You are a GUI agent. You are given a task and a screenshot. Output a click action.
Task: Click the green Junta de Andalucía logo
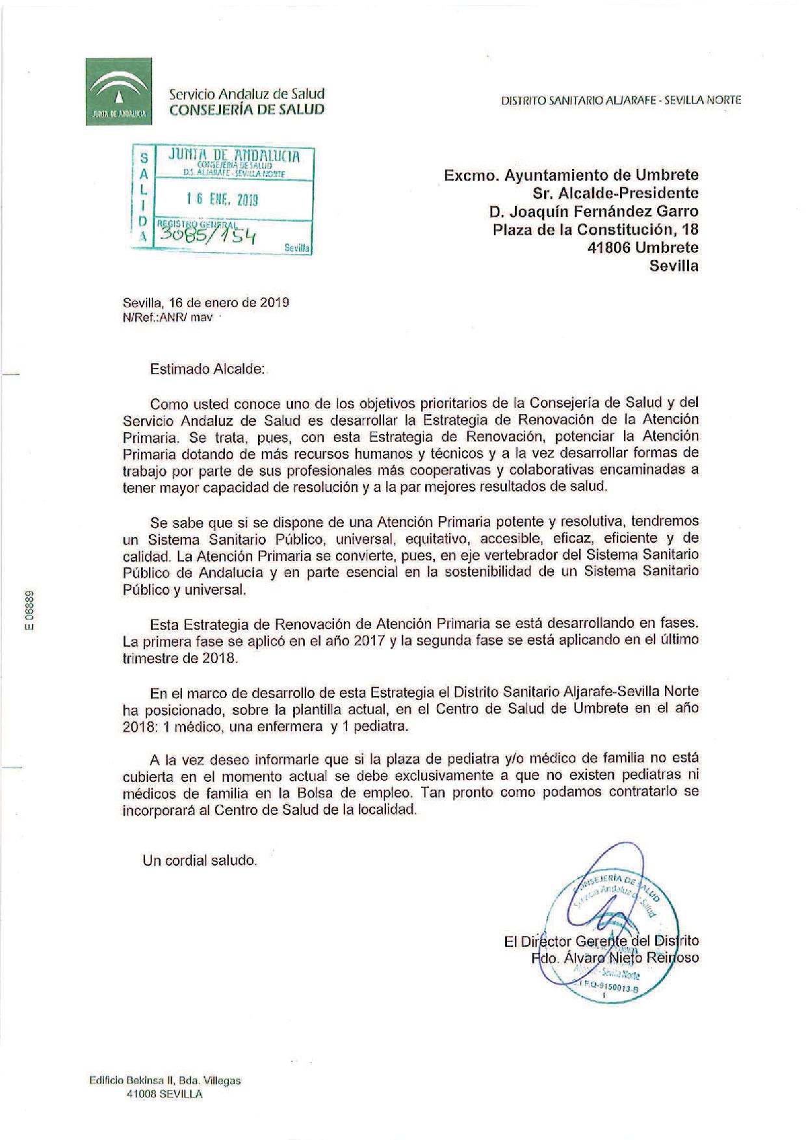119,91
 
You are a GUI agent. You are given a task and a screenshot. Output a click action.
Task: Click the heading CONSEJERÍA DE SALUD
246,110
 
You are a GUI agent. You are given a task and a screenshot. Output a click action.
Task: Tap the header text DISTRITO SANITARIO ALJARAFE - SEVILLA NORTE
621,100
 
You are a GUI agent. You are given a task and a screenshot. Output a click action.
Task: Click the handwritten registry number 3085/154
207,235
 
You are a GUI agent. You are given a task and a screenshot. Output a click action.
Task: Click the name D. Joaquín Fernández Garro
594,211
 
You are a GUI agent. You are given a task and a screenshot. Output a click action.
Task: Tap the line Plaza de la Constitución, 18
595,229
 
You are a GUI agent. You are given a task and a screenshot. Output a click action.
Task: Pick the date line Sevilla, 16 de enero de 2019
206,302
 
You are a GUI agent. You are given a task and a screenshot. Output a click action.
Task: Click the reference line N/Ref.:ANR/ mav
168,318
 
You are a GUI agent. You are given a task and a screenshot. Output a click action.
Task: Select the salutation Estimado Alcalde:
208,369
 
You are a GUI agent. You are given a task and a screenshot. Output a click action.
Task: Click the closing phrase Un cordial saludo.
200,861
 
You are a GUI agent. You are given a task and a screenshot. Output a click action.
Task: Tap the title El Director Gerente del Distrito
601,940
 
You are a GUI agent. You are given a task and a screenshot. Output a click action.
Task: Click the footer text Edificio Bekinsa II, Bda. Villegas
165,1081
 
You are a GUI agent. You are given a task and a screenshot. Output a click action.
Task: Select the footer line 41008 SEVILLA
164,1094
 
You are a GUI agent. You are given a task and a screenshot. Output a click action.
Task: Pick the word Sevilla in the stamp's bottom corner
296,248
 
